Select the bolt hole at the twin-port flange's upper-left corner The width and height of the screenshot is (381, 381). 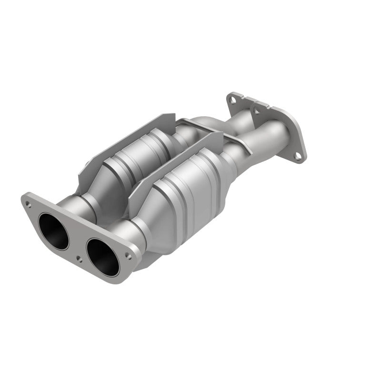pyautogui.click(x=29, y=204)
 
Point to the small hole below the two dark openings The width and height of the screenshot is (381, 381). pyautogui.click(x=78, y=259)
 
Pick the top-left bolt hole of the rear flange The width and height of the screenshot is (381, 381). pyautogui.click(x=232, y=100)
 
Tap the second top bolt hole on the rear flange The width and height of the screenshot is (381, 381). pyautogui.click(x=258, y=111)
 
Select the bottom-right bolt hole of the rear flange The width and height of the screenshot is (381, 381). pyautogui.click(x=297, y=155)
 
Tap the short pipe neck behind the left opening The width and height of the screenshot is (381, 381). pyautogui.click(x=76, y=205)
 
